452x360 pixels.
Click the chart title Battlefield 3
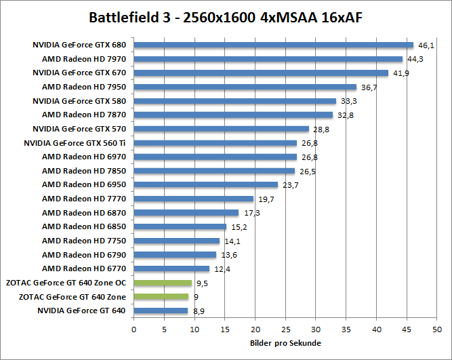coord(225,17)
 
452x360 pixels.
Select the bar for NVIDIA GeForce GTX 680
coord(273,45)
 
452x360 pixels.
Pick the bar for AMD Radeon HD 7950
coord(245,87)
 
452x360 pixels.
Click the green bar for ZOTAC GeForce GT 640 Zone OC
coord(163,283)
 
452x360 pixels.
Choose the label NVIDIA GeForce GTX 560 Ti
coord(75,143)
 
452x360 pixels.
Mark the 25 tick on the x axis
coord(285,329)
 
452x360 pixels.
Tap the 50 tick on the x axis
coord(437,329)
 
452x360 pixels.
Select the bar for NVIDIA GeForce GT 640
coord(161,311)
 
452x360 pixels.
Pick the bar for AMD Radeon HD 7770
coord(193,199)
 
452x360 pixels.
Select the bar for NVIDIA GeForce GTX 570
coord(221,129)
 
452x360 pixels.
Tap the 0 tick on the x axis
coord(133,329)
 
